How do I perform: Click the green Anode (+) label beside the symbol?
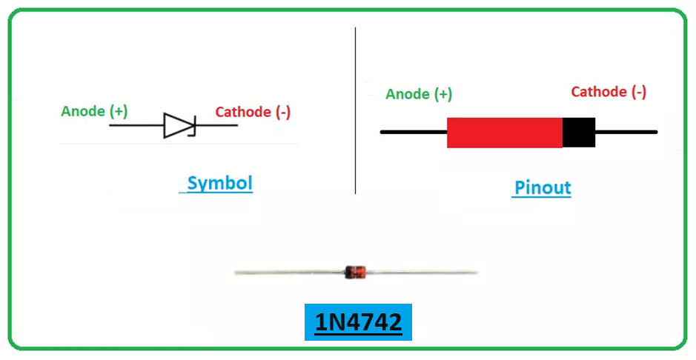coord(94,112)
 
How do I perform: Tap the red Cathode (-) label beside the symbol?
coord(253,113)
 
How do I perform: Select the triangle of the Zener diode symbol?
coord(176,125)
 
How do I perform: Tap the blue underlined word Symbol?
coord(219,183)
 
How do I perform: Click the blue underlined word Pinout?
coord(543,187)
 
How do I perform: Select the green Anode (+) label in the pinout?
coord(419,94)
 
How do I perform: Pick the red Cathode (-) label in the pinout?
coord(609,92)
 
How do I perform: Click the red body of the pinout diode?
coord(504,132)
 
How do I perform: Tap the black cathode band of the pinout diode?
coord(579,132)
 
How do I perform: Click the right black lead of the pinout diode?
coord(626,132)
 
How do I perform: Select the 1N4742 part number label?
coord(358,323)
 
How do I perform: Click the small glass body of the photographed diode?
coord(356,272)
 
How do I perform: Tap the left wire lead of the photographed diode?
coord(289,273)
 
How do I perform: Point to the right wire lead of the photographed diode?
coord(422,273)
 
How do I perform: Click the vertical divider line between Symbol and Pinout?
coord(356,111)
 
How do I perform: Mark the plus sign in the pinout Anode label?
coord(443,94)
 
